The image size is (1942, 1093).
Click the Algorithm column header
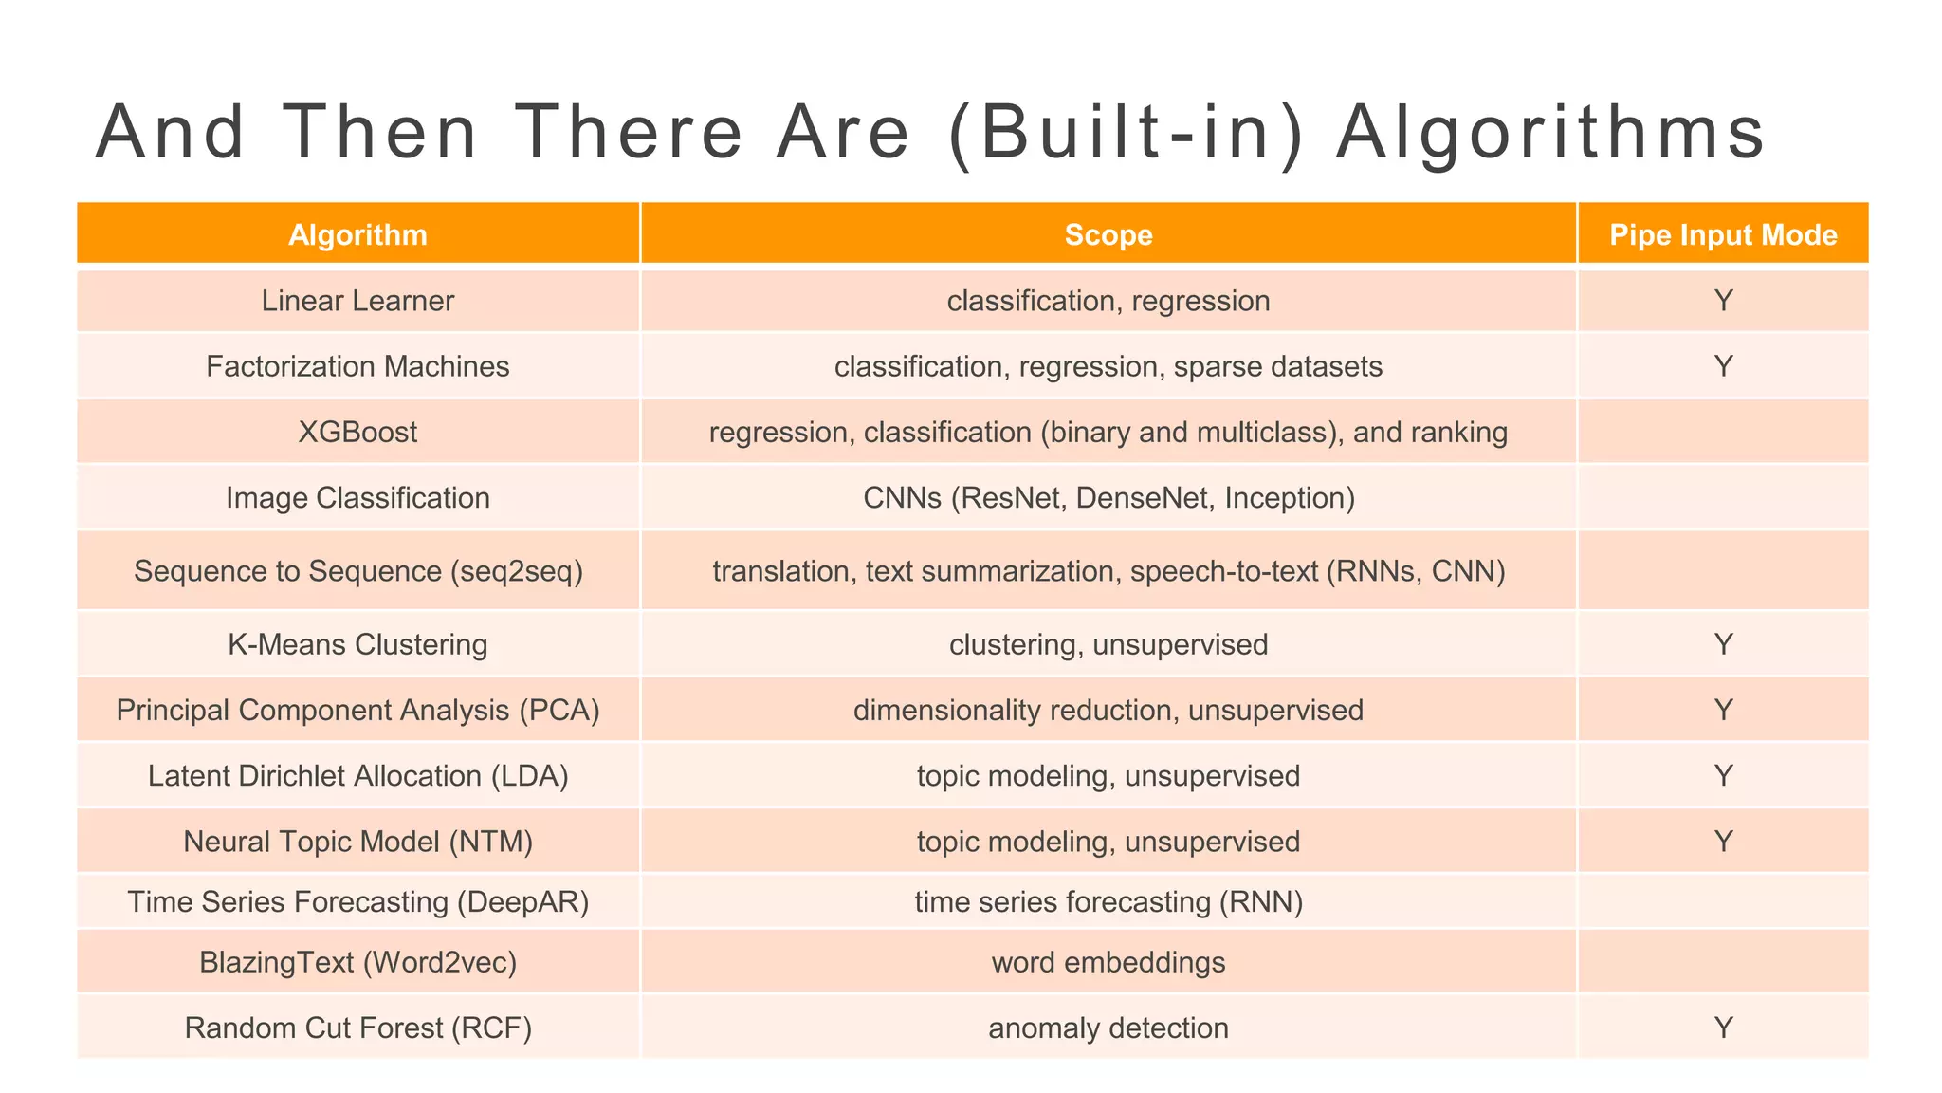tap(357, 234)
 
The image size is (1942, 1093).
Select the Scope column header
tap(1108, 234)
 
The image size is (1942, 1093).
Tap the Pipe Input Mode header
tap(1723, 234)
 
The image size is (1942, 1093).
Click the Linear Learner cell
tap(357, 301)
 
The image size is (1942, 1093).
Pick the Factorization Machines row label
tap(357, 366)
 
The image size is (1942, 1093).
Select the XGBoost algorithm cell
tap(357, 433)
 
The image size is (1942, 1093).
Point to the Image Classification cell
tap(357, 498)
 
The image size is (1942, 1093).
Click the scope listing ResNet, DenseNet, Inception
tap(1108, 498)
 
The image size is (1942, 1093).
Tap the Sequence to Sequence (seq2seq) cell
tap(357, 571)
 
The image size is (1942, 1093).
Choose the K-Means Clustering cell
tap(357, 645)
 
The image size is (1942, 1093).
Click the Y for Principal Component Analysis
tap(1723, 710)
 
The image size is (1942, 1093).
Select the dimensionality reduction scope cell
tap(1108, 710)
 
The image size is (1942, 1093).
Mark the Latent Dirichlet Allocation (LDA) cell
tap(357, 776)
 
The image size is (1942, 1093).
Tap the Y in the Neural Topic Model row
tap(1723, 842)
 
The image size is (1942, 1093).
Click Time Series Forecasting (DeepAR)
tap(357, 901)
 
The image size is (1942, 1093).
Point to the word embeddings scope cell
tap(1108, 963)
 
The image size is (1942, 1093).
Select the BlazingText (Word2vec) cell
tap(357, 963)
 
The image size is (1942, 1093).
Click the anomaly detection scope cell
tap(1108, 1028)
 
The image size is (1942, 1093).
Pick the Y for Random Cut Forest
tap(1723, 1028)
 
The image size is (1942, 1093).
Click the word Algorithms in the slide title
tap(1550, 133)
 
